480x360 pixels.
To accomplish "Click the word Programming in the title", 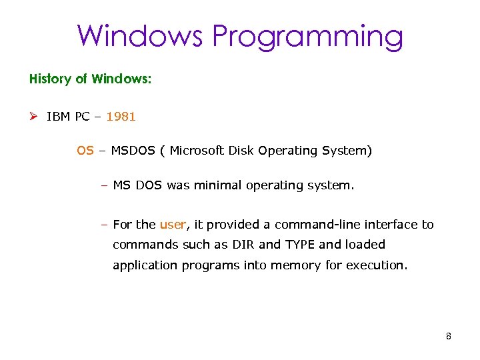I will pyautogui.click(x=307, y=37).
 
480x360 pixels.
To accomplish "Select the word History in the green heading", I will pyautogui.click(x=50, y=79).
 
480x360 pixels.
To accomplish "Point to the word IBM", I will pyautogui.click(x=59, y=117).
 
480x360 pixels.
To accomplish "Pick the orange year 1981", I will pyautogui.click(x=121, y=117).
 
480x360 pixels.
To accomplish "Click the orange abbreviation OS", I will pyautogui.click(x=85, y=151).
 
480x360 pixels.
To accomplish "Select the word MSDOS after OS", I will pyautogui.click(x=133, y=151).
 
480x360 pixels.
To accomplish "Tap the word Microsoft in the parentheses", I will pyautogui.click(x=197, y=151).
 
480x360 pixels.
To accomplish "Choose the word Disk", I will pyautogui.click(x=241, y=151).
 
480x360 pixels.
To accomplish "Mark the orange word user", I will pyautogui.click(x=172, y=225).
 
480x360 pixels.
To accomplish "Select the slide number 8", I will pyautogui.click(x=449, y=336).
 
